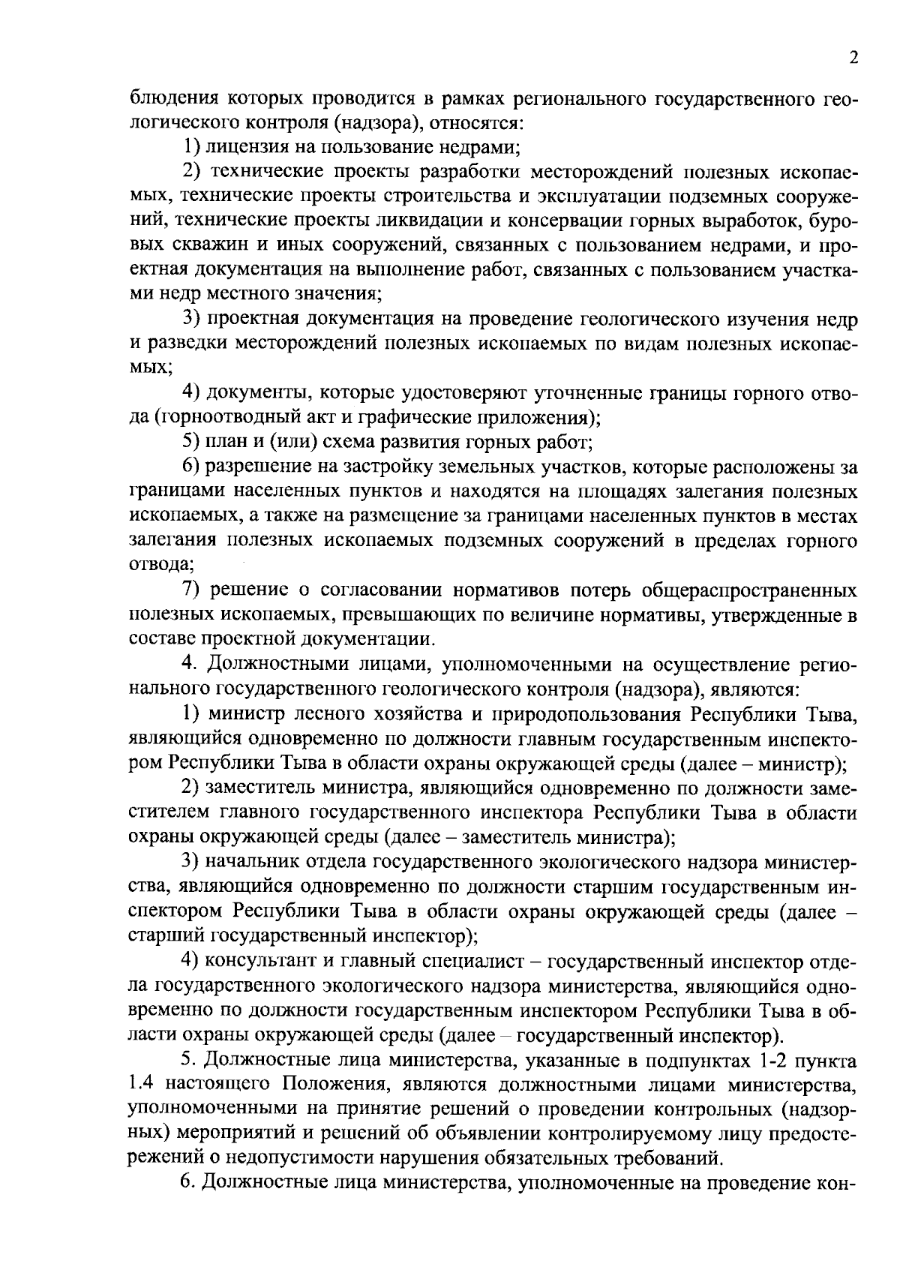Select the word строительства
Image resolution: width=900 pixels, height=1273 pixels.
point(409,197)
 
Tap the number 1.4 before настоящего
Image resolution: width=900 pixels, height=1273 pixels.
point(141,1084)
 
